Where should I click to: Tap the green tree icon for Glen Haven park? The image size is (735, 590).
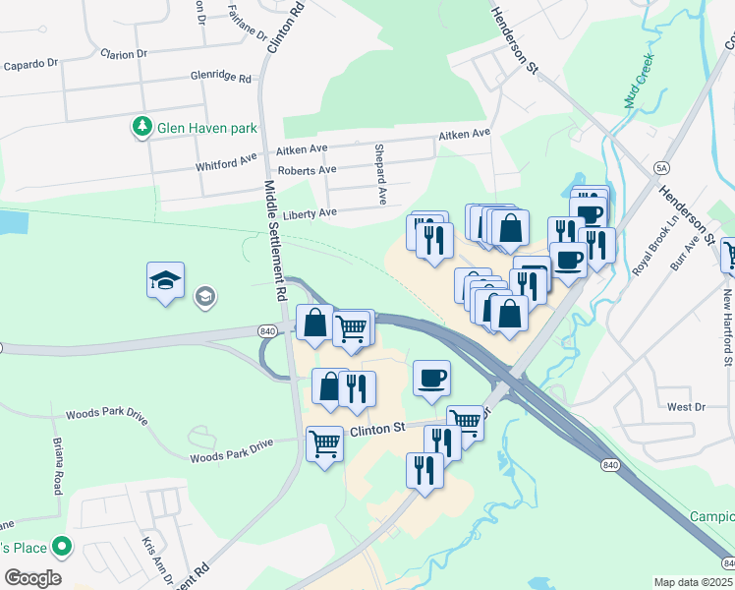coord(141,127)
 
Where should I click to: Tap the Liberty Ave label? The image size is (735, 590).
coord(310,212)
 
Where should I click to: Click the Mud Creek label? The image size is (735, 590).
coord(639,83)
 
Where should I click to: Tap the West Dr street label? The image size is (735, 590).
coord(686,406)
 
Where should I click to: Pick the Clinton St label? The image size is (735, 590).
coord(378,429)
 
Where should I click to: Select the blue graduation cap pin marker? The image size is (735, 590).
coord(166,280)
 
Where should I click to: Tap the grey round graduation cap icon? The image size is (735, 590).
coord(205,296)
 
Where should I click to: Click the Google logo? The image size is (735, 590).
coord(32,578)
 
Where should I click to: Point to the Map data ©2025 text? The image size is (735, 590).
coord(694,582)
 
